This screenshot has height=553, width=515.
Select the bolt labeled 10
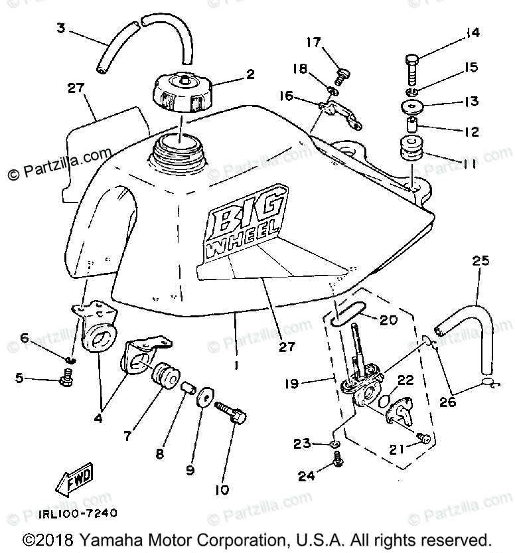point(233,413)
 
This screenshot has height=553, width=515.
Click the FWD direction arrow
point(74,479)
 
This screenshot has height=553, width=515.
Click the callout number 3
point(60,28)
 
